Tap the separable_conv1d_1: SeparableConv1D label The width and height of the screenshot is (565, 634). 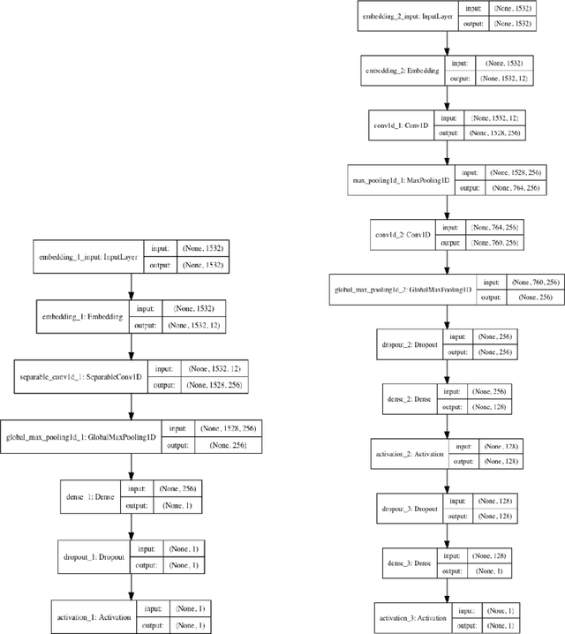pyautogui.click(x=82, y=376)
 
